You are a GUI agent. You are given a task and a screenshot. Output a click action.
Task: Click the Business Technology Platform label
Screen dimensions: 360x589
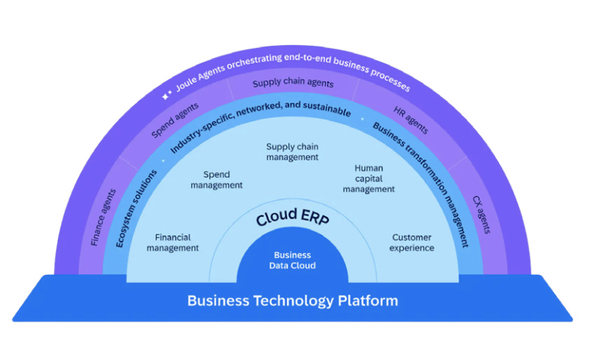coord(292,300)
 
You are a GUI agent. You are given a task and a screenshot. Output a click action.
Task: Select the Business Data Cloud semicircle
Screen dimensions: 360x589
coord(292,260)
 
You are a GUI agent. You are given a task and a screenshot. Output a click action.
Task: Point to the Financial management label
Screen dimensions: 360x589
coord(173,243)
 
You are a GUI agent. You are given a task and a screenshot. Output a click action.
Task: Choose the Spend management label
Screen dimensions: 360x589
coord(217,180)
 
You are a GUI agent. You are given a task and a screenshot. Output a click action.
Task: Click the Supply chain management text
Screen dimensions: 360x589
coord(292,152)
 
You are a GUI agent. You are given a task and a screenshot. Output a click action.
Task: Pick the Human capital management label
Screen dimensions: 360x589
coord(369,179)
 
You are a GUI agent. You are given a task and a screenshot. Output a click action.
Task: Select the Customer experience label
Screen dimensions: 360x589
coord(412,243)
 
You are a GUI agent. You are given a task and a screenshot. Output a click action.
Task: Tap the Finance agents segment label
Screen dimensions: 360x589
coord(103,217)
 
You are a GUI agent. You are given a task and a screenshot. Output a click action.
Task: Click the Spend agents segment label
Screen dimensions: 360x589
coord(174,119)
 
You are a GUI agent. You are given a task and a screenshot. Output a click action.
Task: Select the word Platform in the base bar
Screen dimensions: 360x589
coord(362,300)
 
